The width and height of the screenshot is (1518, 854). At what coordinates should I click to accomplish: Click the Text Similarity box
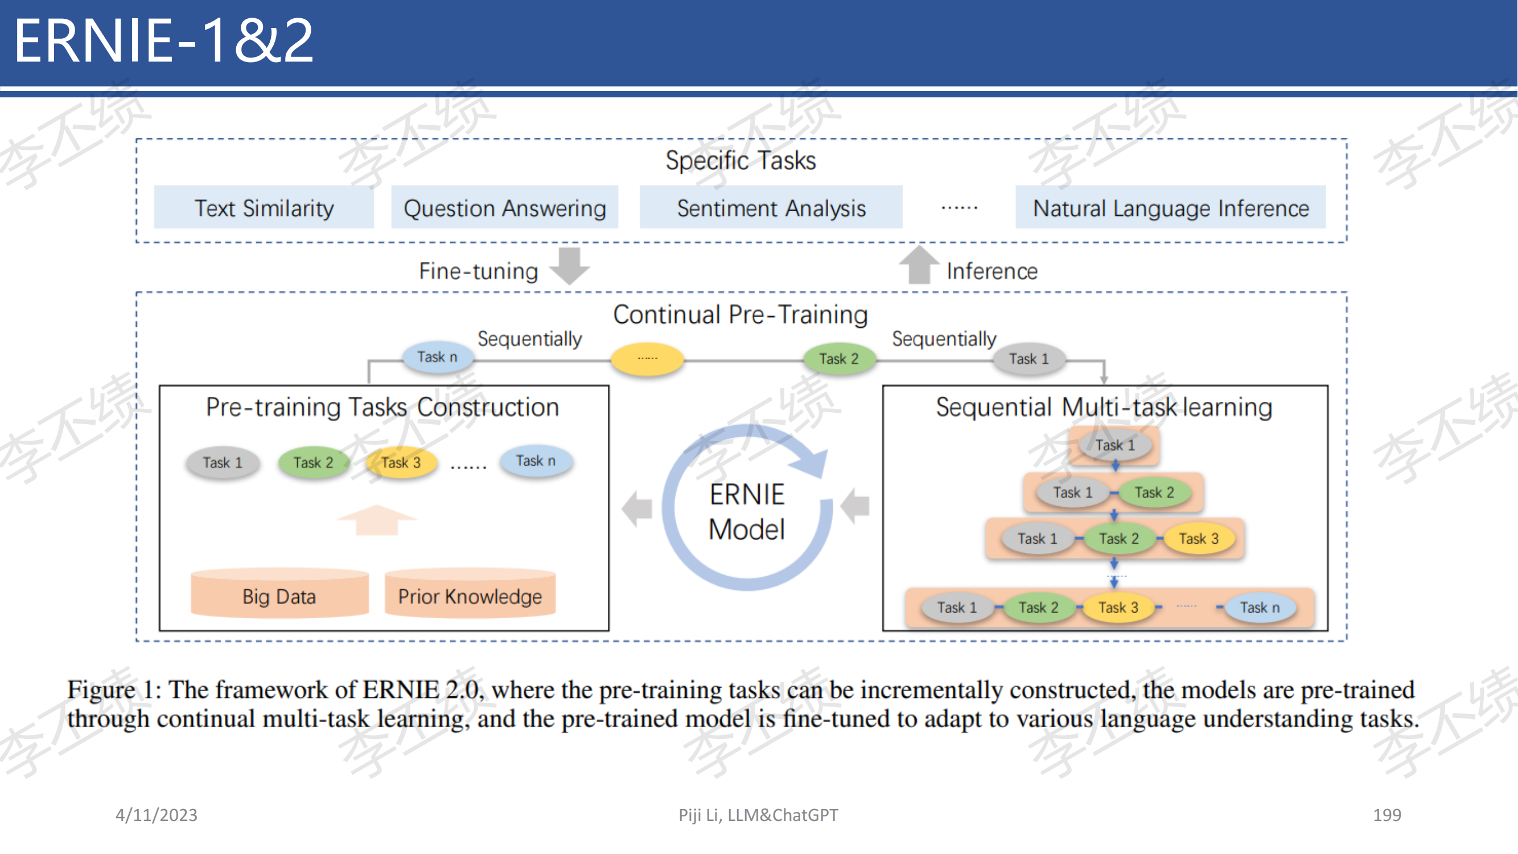264,207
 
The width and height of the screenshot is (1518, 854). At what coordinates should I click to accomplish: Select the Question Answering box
505,207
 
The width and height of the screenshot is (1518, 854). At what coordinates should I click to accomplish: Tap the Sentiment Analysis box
771,207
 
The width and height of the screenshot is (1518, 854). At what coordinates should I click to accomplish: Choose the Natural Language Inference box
1171,207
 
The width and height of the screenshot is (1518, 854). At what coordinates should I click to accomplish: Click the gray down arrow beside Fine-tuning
570,266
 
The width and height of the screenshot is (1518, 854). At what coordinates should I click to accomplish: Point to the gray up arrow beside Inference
919,264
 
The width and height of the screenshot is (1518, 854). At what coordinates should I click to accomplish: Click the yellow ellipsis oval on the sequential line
648,358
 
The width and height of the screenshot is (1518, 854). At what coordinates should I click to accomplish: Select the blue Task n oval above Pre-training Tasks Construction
438,357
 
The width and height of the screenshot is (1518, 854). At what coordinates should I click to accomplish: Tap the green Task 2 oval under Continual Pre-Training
839,359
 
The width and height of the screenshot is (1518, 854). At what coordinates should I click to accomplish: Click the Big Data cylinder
280,593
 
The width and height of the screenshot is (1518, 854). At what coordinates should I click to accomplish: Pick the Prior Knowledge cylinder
470,593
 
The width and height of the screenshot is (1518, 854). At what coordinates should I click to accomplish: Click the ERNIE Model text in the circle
747,512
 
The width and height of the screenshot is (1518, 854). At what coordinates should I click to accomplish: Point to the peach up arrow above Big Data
377,520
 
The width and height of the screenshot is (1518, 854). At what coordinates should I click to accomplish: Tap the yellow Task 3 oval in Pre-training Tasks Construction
401,463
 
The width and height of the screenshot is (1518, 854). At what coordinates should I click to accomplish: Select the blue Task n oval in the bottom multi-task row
1261,607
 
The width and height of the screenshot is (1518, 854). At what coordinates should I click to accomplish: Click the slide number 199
1387,815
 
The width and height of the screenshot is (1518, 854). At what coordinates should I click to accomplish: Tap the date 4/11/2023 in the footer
157,815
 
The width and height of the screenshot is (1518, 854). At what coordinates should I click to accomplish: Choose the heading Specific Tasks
741,161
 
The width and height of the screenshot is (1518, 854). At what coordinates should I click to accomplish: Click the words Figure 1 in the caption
110,689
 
